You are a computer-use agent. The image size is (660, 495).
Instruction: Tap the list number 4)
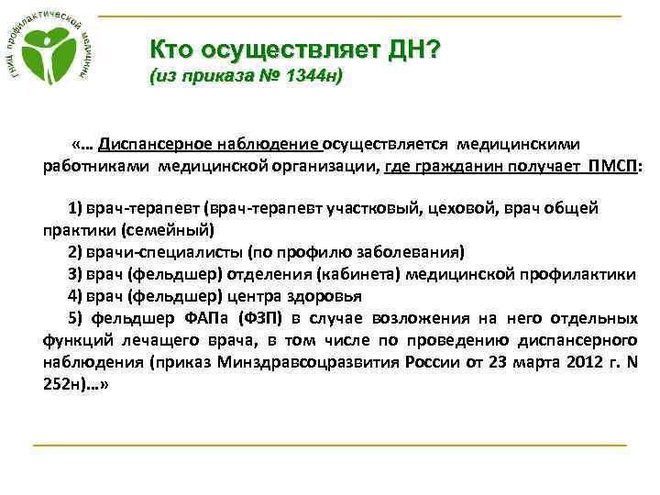[x=76, y=296]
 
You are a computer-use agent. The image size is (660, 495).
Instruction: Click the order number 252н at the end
[x=62, y=385]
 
